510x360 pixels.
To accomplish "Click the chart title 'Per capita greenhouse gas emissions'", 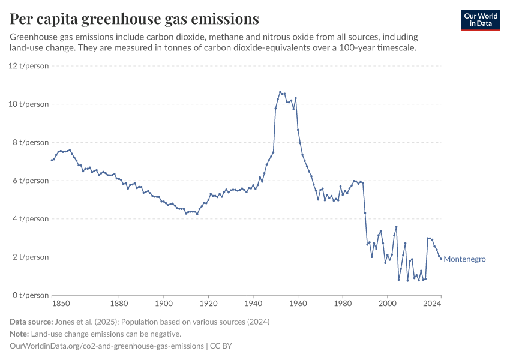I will coord(134,19).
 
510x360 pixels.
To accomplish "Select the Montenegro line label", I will coord(464,259).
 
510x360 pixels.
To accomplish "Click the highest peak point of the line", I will coord(280,92).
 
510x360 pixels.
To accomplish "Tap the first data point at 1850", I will coord(52,160).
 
